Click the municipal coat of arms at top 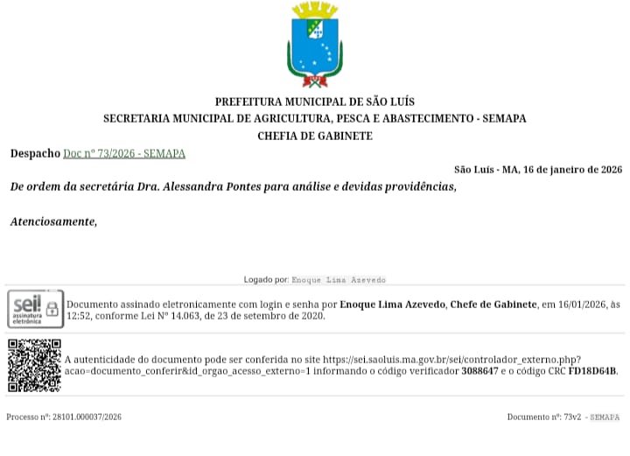(x=314, y=45)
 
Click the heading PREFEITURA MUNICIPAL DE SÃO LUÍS (x=314, y=102)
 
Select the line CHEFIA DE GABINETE (x=314, y=136)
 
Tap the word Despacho (x=35, y=153)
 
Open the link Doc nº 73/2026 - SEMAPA (x=124, y=153)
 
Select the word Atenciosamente (x=53, y=221)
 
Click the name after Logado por (x=338, y=280)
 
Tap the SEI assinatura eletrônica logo (x=35, y=308)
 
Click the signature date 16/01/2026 (x=582, y=304)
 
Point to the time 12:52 (x=80, y=316)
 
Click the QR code (x=34, y=365)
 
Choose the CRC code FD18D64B (x=592, y=371)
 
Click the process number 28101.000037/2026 (x=83, y=417)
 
